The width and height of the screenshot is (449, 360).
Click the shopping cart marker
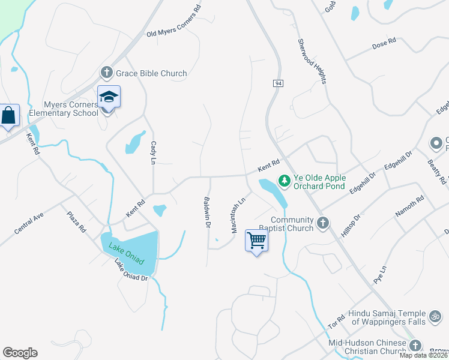click(256, 241)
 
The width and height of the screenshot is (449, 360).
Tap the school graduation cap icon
click(109, 97)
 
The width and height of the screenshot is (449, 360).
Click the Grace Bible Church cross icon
click(107, 73)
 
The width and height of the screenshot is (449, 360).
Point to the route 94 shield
click(277, 83)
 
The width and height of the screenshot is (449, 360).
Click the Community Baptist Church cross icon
click(323, 223)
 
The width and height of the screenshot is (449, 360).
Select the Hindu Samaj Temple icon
click(435, 316)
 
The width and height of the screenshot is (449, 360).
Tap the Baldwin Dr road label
click(206, 213)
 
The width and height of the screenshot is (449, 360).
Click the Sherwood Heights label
click(311, 61)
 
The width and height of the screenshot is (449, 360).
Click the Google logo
click(20, 353)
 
